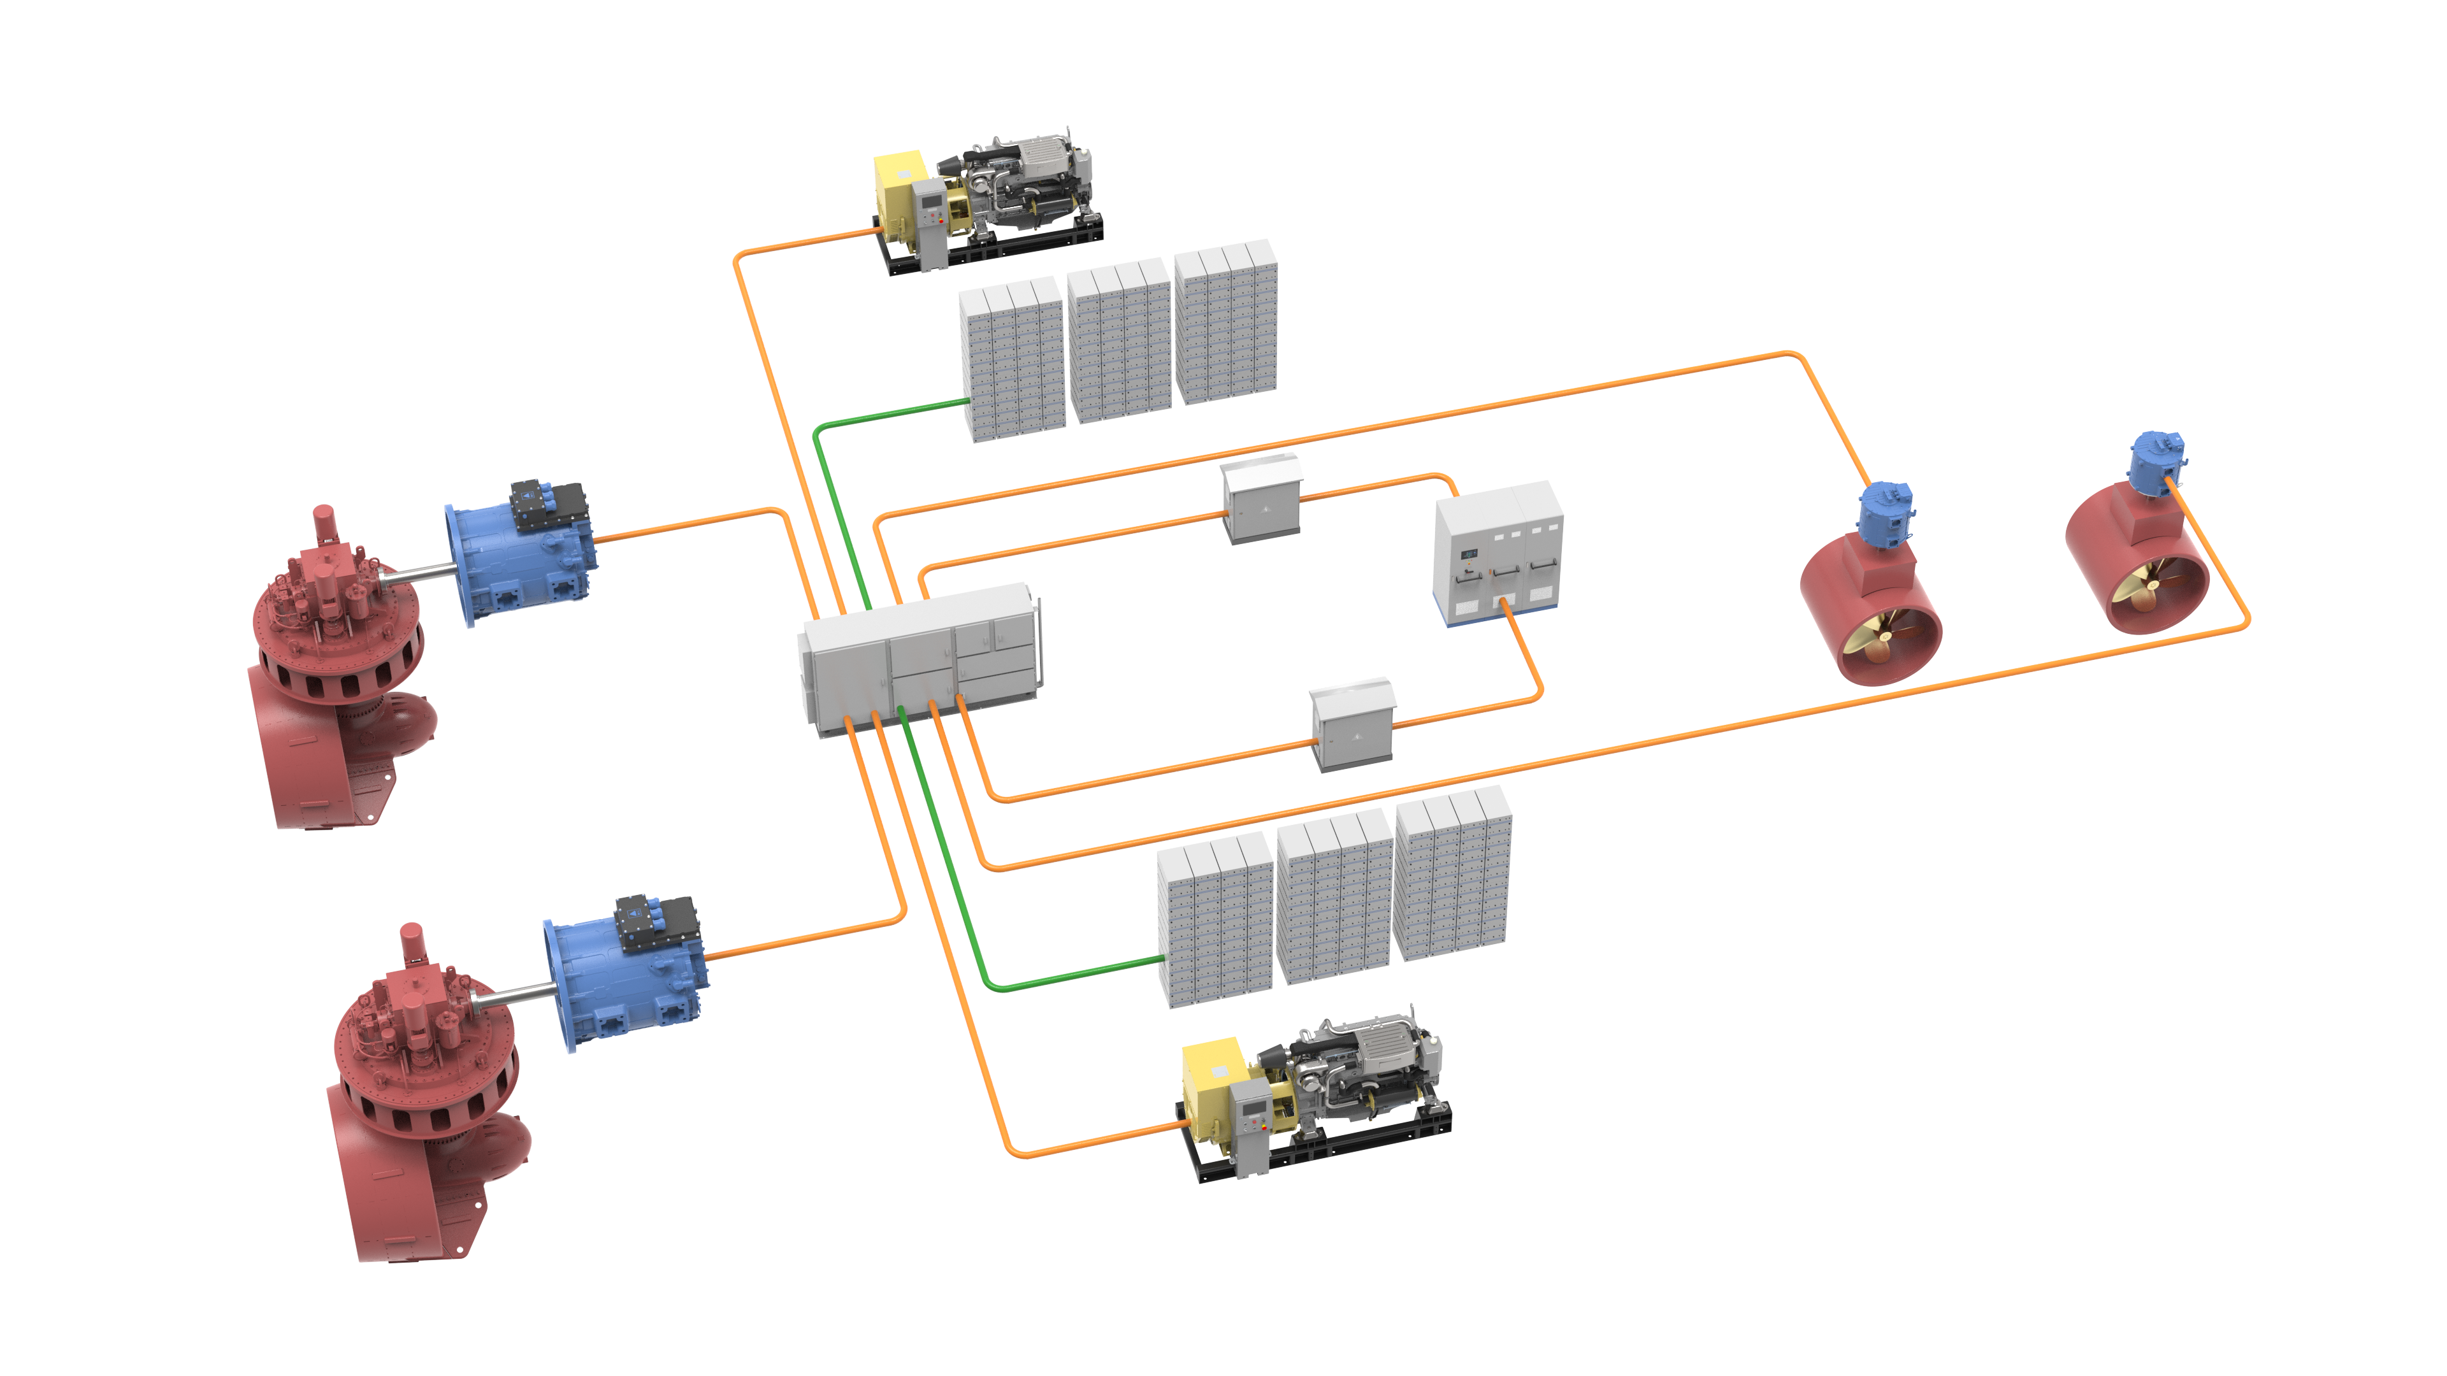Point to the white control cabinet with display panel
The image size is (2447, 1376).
pyautogui.click(x=1497, y=555)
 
